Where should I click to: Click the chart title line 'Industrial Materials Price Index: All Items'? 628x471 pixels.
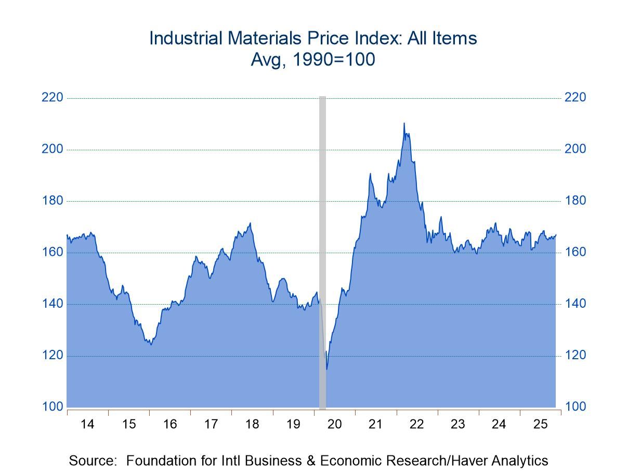[313, 38]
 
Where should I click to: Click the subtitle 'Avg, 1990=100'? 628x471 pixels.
[313, 60]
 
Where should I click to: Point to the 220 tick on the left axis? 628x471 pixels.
[53, 98]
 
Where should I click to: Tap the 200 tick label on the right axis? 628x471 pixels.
[575, 149]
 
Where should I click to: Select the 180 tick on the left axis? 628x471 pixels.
[53, 201]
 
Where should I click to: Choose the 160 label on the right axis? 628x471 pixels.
[575, 252]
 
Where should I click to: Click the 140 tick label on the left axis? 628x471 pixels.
[53, 304]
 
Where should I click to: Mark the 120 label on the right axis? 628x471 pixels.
[575, 355]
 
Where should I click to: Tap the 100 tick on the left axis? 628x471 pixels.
[53, 407]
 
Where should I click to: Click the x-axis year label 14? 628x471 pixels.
[87, 424]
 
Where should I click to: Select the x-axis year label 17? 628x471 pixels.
[211, 424]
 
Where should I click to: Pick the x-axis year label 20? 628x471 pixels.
[334, 424]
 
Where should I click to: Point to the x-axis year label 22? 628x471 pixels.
[416, 424]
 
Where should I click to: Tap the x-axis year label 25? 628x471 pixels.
[540, 424]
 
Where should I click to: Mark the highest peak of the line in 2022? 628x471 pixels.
[404, 123]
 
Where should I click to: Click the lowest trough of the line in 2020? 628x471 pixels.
[326, 369]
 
